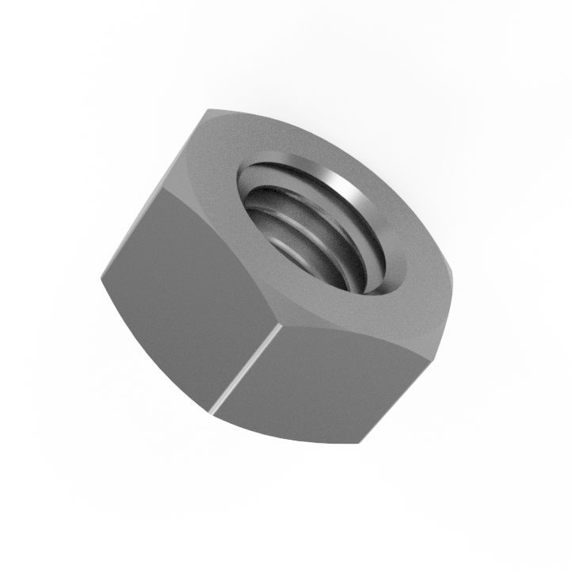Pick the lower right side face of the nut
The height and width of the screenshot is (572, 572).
click(x=333, y=380)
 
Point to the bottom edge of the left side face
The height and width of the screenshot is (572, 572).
click(x=154, y=349)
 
